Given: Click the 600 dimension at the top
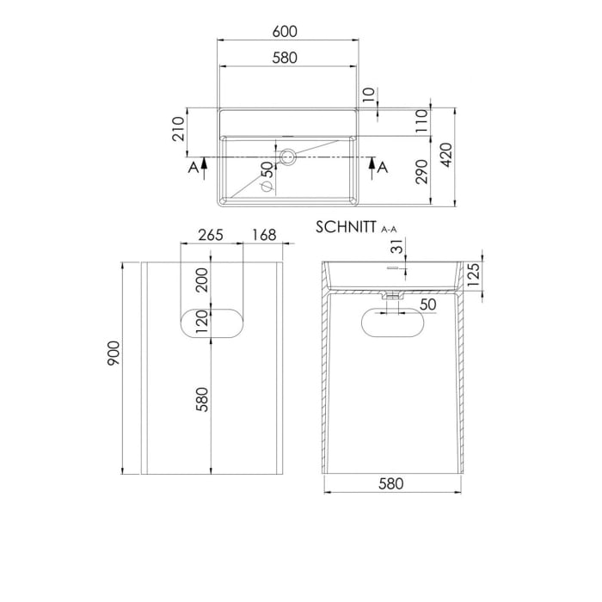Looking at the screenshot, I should pyautogui.click(x=286, y=32).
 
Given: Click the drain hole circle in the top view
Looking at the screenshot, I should pyautogui.click(x=288, y=157).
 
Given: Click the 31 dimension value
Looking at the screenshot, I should pyautogui.click(x=395, y=249).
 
